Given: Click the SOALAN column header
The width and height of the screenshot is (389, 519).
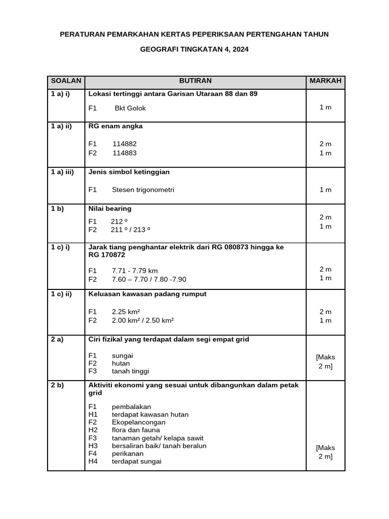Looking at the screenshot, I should pos(66,81).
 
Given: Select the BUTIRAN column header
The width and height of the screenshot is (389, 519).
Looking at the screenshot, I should pos(195,81).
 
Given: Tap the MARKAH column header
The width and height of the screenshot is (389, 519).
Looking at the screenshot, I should pos(325,81).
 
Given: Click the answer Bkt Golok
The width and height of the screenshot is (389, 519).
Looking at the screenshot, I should pos(130,108).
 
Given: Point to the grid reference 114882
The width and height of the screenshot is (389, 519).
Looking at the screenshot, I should pos(125,144).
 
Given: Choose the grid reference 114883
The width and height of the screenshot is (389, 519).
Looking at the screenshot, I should pos(125,153).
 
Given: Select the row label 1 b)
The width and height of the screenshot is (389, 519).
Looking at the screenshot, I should pos(57,209).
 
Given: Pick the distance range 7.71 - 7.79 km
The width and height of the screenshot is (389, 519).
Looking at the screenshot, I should pos(135,271).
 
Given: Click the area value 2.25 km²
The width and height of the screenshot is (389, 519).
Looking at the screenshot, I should pos(126,312).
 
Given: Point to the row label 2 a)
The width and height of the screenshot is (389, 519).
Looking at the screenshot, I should pos(57,340).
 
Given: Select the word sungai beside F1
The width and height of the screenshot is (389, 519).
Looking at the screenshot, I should pos(123,356).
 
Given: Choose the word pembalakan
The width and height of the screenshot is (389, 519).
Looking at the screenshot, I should pos(132,407).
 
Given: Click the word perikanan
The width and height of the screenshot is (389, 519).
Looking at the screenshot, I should pos(128,454).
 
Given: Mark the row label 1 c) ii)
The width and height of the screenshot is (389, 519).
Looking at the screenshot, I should pos(62,294).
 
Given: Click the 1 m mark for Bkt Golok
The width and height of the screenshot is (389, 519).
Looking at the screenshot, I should pos(325,108).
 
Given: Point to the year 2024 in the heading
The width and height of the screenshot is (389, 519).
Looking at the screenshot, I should pos(240,50).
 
